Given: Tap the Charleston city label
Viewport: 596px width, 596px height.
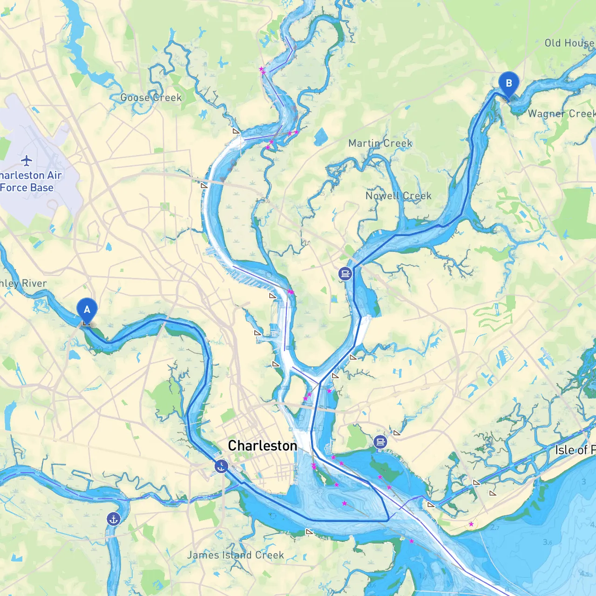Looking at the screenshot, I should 262,446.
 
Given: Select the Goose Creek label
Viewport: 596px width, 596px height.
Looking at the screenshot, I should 151,97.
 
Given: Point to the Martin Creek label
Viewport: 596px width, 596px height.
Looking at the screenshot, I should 380,143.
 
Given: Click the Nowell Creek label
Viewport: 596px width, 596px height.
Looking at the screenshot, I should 398,196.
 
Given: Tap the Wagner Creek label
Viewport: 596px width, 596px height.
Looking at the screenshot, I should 561,114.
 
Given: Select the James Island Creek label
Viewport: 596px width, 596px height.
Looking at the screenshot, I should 235,555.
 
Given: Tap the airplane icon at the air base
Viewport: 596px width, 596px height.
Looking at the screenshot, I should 27,161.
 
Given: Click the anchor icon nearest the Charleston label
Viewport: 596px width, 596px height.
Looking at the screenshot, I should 221,466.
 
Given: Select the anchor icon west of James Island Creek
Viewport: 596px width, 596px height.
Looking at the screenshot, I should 113,519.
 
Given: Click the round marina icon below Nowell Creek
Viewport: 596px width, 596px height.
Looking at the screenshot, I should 345,273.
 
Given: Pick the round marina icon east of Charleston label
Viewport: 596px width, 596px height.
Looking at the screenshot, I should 380,442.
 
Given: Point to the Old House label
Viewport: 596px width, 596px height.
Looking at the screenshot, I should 569,43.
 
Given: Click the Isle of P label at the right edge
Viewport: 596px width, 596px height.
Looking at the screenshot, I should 575,450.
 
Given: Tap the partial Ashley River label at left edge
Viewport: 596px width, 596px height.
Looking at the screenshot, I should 23,283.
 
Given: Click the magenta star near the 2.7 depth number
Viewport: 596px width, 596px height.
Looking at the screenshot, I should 471,524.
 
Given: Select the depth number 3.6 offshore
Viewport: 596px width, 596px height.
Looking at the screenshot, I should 548,542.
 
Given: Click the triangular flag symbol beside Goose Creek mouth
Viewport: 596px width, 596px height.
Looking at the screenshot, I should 236,132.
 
